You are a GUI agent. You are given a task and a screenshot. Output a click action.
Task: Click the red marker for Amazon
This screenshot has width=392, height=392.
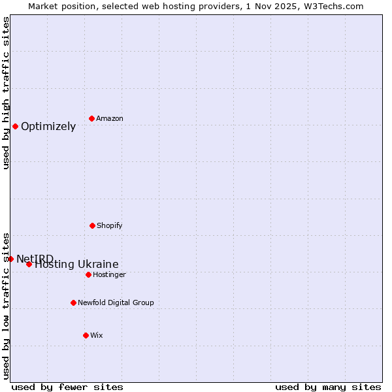point(91,118)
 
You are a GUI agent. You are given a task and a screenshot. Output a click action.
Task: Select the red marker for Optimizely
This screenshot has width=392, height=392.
point(15,126)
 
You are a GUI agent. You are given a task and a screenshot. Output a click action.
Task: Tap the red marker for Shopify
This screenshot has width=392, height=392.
point(92,225)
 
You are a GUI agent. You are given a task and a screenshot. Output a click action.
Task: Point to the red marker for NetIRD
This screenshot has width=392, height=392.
point(10,259)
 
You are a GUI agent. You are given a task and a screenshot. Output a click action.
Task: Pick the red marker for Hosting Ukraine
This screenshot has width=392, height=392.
point(29,264)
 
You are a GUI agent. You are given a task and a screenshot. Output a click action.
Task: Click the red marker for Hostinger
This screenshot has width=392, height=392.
point(88,274)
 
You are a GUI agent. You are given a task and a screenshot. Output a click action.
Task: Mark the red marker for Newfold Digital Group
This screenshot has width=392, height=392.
point(73,302)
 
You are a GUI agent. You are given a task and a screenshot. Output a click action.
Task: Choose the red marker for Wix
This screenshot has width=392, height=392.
point(86,335)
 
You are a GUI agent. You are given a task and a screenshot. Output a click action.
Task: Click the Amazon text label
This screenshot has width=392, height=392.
point(110,119)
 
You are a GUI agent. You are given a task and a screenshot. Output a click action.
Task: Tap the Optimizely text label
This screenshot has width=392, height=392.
point(48,127)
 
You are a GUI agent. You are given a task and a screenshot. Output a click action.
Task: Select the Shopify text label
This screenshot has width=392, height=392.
point(110,226)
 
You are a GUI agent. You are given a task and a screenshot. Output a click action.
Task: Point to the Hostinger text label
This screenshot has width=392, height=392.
point(109,275)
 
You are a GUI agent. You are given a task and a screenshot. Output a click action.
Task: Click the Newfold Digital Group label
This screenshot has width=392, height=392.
point(116,303)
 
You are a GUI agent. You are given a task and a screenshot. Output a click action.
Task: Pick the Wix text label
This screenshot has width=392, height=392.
point(97,336)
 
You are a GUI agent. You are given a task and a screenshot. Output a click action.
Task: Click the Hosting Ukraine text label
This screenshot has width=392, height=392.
point(77,265)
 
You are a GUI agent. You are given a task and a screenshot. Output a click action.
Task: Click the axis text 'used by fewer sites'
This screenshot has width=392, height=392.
point(67,387)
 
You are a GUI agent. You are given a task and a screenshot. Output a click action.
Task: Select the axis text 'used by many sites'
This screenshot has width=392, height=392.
point(328,387)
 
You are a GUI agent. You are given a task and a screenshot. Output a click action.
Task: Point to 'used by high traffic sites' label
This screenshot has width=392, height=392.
point(6,93)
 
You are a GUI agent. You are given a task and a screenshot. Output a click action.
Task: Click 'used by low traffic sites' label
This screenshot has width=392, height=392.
point(6,305)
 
